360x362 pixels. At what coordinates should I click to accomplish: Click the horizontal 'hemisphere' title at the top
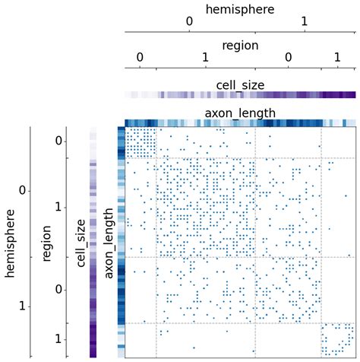point(240,10)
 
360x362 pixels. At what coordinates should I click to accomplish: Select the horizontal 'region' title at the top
point(240,46)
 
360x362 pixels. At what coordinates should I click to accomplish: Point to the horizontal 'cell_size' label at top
point(240,85)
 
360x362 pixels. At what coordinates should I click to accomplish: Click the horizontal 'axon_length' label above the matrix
point(240,113)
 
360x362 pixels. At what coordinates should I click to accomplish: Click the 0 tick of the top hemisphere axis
point(189,22)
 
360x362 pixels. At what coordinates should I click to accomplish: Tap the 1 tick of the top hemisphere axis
point(304,22)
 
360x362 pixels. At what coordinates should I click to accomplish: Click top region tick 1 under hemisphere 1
point(338,58)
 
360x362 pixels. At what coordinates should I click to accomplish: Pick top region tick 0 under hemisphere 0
point(140,58)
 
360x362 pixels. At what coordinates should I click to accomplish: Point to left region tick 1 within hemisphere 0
point(58,207)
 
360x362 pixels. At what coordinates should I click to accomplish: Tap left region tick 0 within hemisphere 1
point(58,290)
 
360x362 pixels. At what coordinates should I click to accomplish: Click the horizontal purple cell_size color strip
point(240,95)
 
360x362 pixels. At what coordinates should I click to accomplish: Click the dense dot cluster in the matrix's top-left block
point(140,141)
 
